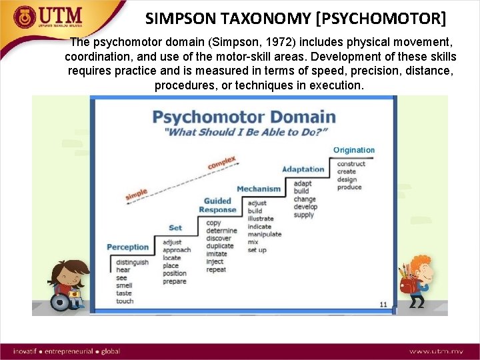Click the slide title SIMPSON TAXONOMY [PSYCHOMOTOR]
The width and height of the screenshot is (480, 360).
click(x=296, y=18)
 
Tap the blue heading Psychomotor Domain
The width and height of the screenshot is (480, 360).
click(x=244, y=117)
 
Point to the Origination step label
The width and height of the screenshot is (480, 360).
click(x=354, y=151)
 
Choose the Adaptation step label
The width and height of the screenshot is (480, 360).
click(x=303, y=169)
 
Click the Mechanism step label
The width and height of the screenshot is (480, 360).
click(x=259, y=189)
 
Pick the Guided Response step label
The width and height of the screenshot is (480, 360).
click(x=217, y=205)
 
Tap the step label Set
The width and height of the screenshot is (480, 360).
click(x=175, y=228)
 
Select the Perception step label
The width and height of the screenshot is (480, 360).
click(x=127, y=247)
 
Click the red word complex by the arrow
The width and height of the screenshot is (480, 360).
click(x=222, y=163)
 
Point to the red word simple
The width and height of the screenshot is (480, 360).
click(x=136, y=195)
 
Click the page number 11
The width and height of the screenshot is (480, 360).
click(x=383, y=305)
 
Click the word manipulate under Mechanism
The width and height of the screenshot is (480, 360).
click(x=264, y=234)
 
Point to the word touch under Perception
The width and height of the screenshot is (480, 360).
click(x=125, y=301)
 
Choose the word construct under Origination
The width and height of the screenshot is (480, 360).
click(x=351, y=164)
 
